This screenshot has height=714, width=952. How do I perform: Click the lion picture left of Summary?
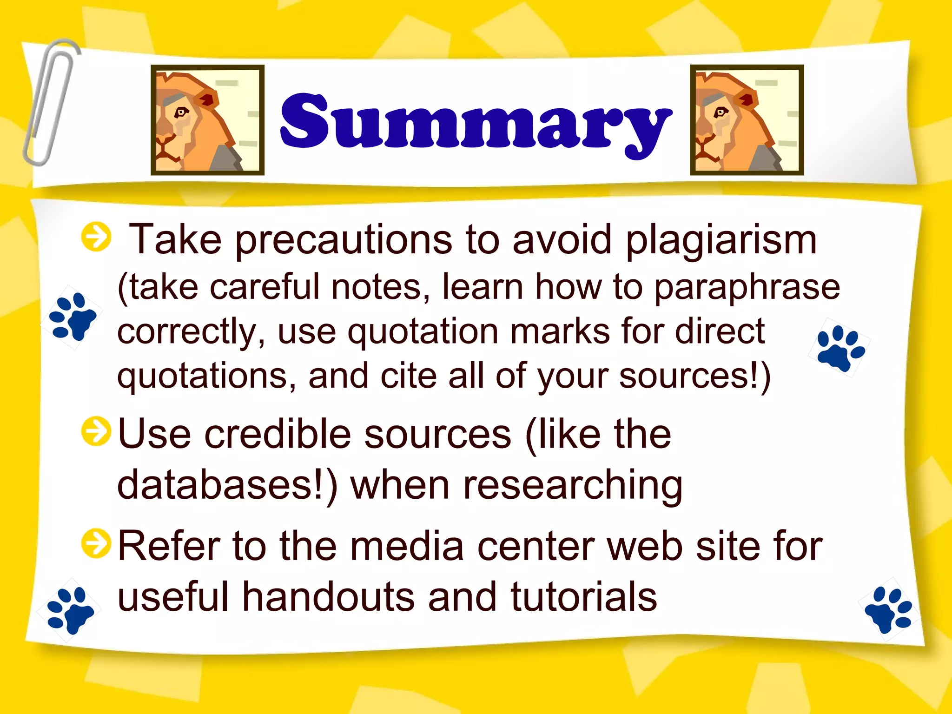pos(207,120)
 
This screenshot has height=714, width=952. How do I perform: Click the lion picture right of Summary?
pos(747,120)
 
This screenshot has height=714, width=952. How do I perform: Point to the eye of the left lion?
pos(181,112)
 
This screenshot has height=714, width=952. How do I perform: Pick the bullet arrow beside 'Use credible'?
pos(96,431)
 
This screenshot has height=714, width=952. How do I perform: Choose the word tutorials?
pos(584,597)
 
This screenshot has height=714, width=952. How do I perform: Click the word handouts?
pos(328,597)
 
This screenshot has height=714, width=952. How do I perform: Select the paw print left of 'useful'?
pos(71,610)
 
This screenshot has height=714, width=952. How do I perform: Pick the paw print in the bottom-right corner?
pos(889,609)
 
